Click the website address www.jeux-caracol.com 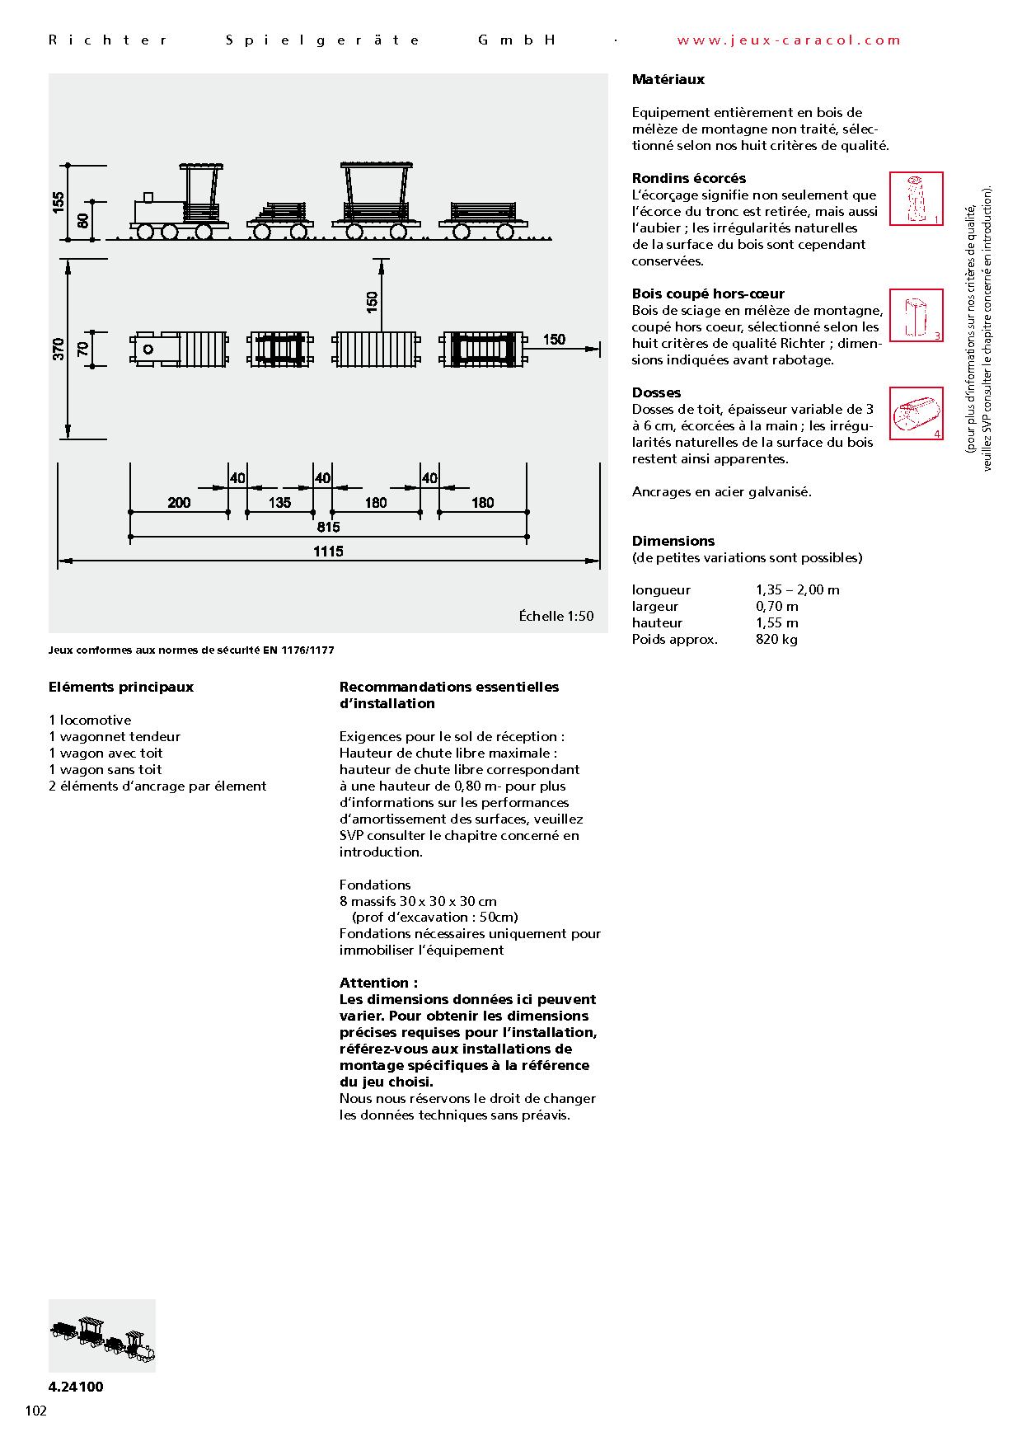click(789, 40)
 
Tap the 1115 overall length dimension click(327, 552)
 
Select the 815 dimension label click(327, 527)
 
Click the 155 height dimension click(59, 202)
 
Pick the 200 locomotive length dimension click(179, 502)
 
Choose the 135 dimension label click(280, 502)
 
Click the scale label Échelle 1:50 click(556, 616)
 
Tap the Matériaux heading click(668, 80)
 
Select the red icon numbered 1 click(916, 199)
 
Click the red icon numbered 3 click(916, 315)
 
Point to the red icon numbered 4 click(916, 413)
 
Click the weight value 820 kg click(776, 639)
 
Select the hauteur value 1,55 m click(776, 622)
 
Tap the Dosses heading click(656, 392)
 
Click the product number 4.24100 click(76, 1387)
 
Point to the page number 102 click(36, 1411)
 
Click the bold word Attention click(378, 983)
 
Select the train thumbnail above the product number click(102, 1336)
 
